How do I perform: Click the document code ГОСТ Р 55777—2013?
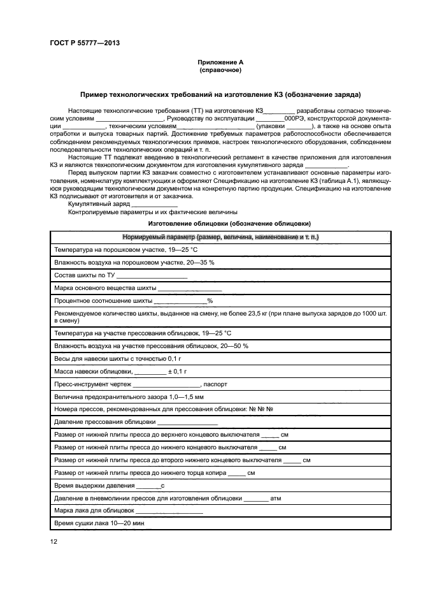point(85,43)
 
